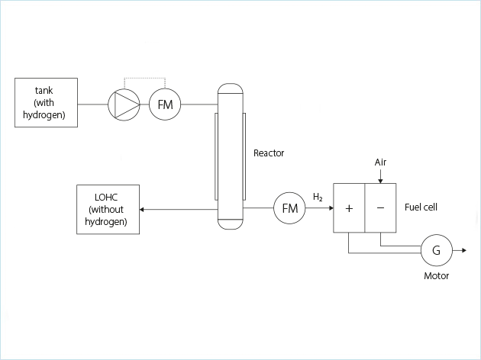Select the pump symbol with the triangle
click(123, 104)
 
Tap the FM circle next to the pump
click(165, 104)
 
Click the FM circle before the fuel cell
click(290, 208)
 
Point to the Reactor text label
click(269, 153)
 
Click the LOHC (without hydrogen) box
click(107, 208)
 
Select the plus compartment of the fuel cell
click(349, 208)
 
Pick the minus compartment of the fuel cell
click(380, 208)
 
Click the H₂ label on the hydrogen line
click(318, 198)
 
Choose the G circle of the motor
click(437, 249)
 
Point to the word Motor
click(437, 276)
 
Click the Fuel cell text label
click(421, 207)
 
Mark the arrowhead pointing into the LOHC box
click(142, 209)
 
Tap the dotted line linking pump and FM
click(144, 78)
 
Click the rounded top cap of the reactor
click(230, 91)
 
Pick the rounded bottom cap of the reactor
click(230, 223)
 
